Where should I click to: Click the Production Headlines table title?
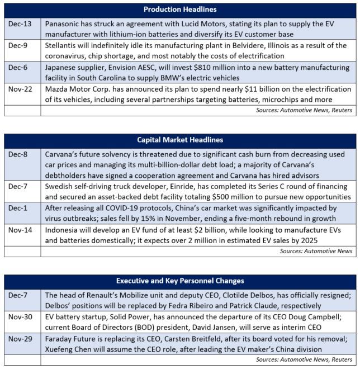[x=180, y=10]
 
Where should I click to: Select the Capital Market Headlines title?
[x=180, y=140]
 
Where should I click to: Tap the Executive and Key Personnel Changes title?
[x=180, y=280]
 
